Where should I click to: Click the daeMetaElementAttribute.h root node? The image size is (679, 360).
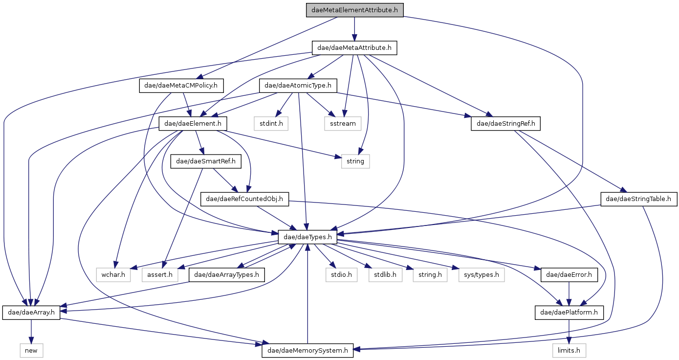tap(354, 10)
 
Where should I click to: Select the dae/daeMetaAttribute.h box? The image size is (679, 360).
tap(354, 48)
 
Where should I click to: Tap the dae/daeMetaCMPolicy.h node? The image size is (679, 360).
tap(182, 86)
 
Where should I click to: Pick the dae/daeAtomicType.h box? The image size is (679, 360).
tap(298, 86)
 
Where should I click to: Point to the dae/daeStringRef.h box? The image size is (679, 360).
tap(505, 124)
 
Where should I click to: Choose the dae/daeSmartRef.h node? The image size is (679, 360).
tap(206, 161)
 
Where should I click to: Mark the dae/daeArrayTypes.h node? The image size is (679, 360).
tap(227, 275)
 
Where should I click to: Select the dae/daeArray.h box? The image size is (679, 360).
tap(31, 312)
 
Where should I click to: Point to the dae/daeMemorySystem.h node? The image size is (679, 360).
tap(307, 350)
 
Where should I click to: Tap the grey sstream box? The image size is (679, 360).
tap(342, 124)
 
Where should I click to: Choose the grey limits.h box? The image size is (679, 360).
tap(569, 350)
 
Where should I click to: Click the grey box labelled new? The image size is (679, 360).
tap(31, 350)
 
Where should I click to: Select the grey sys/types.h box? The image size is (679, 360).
tap(482, 275)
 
